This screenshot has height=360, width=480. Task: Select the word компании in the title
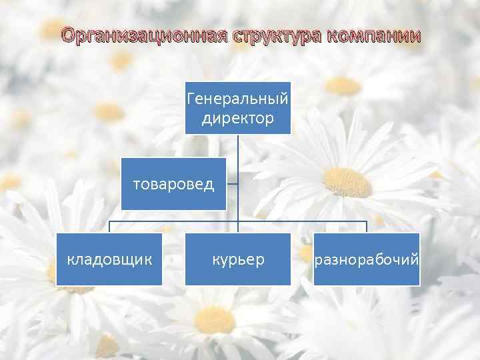[x=375, y=35]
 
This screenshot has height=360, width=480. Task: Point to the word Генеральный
[x=238, y=99]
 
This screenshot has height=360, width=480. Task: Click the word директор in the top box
[x=238, y=119]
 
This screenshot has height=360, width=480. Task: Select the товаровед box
[x=173, y=183]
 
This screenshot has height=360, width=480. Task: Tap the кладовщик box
[x=109, y=259]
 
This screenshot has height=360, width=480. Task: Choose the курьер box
[x=238, y=259]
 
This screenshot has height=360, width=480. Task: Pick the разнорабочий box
[x=367, y=259]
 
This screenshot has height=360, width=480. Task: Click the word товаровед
[x=173, y=184]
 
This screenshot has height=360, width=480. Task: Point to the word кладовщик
[x=109, y=259]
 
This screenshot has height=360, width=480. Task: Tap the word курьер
[x=238, y=259]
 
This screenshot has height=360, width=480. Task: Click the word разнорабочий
[x=367, y=259]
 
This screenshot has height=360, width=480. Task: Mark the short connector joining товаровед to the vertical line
[x=232, y=183]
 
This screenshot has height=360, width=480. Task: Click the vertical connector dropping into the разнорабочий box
[x=367, y=227]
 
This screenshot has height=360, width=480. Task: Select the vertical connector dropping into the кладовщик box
[x=109, y=227]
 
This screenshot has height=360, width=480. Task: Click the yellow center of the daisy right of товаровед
[x=347, y=182]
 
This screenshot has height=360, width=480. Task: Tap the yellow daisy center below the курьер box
[x=215, y=320]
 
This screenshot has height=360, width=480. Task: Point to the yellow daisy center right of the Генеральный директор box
[x=343, y=85]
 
